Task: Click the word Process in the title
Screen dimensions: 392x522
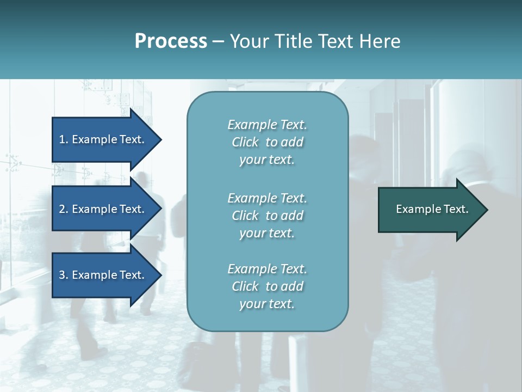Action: click(x=171, y=41)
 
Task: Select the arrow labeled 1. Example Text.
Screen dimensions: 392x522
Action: click(x=103, y=139)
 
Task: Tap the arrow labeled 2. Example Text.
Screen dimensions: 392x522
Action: click(x=103, y=209)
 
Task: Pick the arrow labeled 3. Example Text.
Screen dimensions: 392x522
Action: click(x=103, y=275)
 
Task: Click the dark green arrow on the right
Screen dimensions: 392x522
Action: click(x=430, y=210)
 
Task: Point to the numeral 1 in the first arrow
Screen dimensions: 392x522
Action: click(x=61, y=139)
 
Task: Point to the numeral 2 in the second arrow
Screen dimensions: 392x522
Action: click(x=62, y=209)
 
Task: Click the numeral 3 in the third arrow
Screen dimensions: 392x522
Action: click(x=62, y=275)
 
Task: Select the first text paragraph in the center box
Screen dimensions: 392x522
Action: click(x=267, y=142)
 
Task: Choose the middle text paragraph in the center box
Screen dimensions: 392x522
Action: click(x=267, y=216)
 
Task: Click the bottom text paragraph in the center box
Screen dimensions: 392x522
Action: click(x=267, y=286)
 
